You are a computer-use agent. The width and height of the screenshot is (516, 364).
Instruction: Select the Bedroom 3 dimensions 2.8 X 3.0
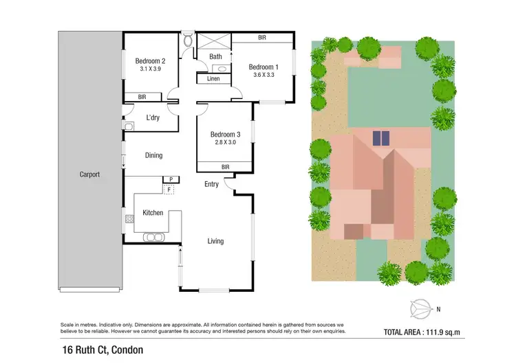point(224,143)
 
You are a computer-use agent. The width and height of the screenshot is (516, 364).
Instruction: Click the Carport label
point(89,174)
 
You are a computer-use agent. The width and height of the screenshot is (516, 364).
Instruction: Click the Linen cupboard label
point(214,79)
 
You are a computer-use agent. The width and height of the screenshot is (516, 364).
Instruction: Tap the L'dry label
point(153,117)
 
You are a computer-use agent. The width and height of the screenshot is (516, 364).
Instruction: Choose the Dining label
point(153,155)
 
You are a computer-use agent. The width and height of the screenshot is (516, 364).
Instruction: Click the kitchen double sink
point(153,238)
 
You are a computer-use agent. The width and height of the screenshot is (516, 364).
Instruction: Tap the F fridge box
point(169,187)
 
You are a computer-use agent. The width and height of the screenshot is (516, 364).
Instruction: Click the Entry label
point(211,184)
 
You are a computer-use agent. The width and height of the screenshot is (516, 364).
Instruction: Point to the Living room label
point(215,241)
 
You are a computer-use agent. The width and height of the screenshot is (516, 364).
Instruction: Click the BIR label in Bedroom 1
point(262,37)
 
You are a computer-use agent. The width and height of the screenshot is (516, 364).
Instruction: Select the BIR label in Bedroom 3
point(225,166)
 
